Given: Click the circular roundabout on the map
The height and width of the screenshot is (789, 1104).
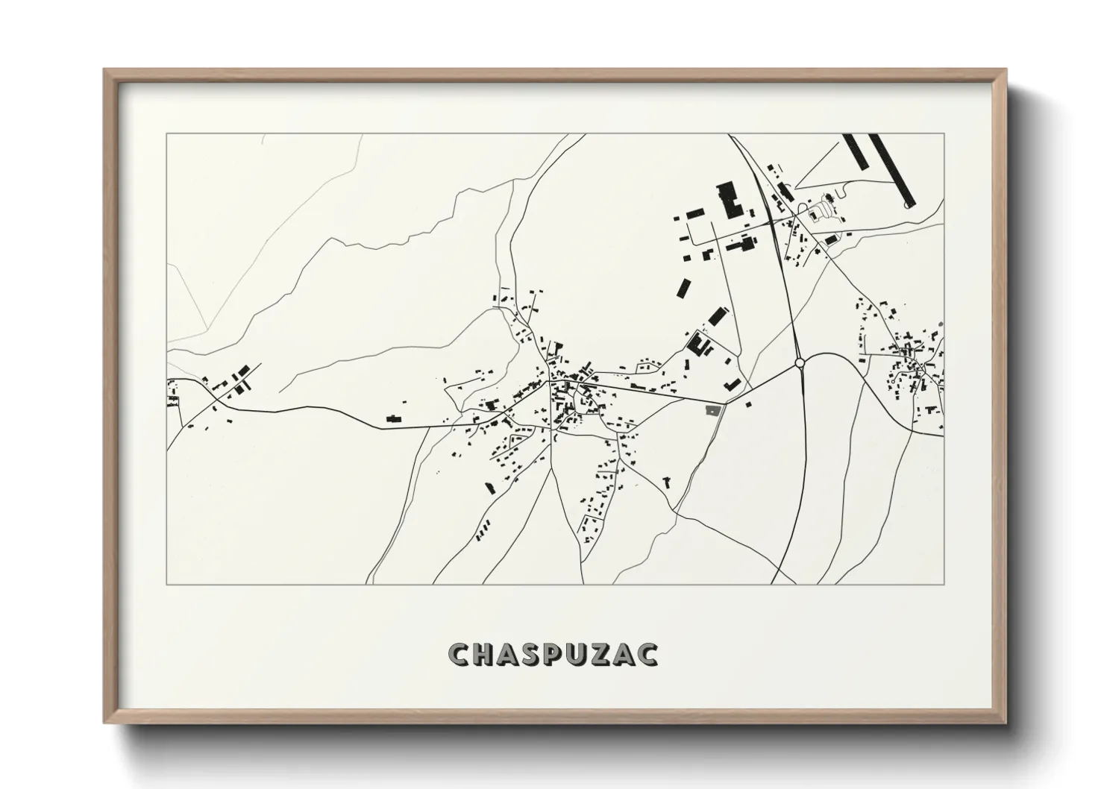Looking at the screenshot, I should (x=800, y=362).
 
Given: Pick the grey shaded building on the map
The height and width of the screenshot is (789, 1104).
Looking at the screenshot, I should (x=714, y=409).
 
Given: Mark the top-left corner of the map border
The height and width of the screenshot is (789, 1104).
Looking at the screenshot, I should (x=167, y=134).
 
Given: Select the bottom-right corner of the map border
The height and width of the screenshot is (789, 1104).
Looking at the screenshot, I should (x=944, y=584).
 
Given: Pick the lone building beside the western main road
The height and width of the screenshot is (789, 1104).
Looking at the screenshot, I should (x=393, y=419).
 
